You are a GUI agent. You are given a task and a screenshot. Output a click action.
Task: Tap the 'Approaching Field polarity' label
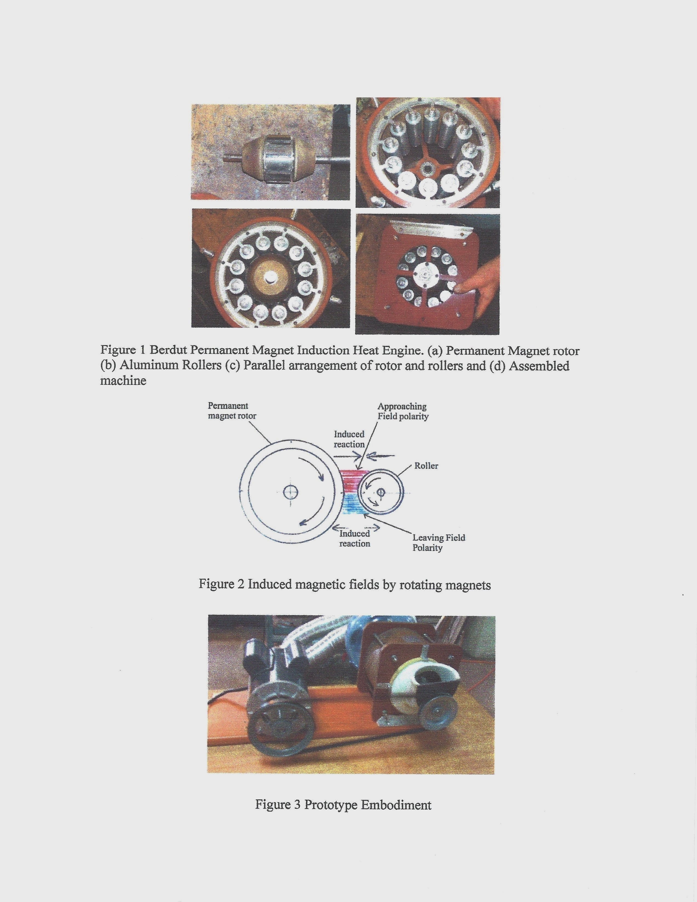[403, 411]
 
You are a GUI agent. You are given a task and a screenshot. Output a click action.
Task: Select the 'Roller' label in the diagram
[426, 466]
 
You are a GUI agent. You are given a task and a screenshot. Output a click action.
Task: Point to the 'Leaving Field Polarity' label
[439, 543]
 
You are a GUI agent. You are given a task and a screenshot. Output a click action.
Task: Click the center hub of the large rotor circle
[291, 492]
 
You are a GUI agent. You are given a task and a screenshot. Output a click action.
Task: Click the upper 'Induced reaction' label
[349, 439]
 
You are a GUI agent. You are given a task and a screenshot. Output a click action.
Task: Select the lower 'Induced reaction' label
[355, 539]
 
